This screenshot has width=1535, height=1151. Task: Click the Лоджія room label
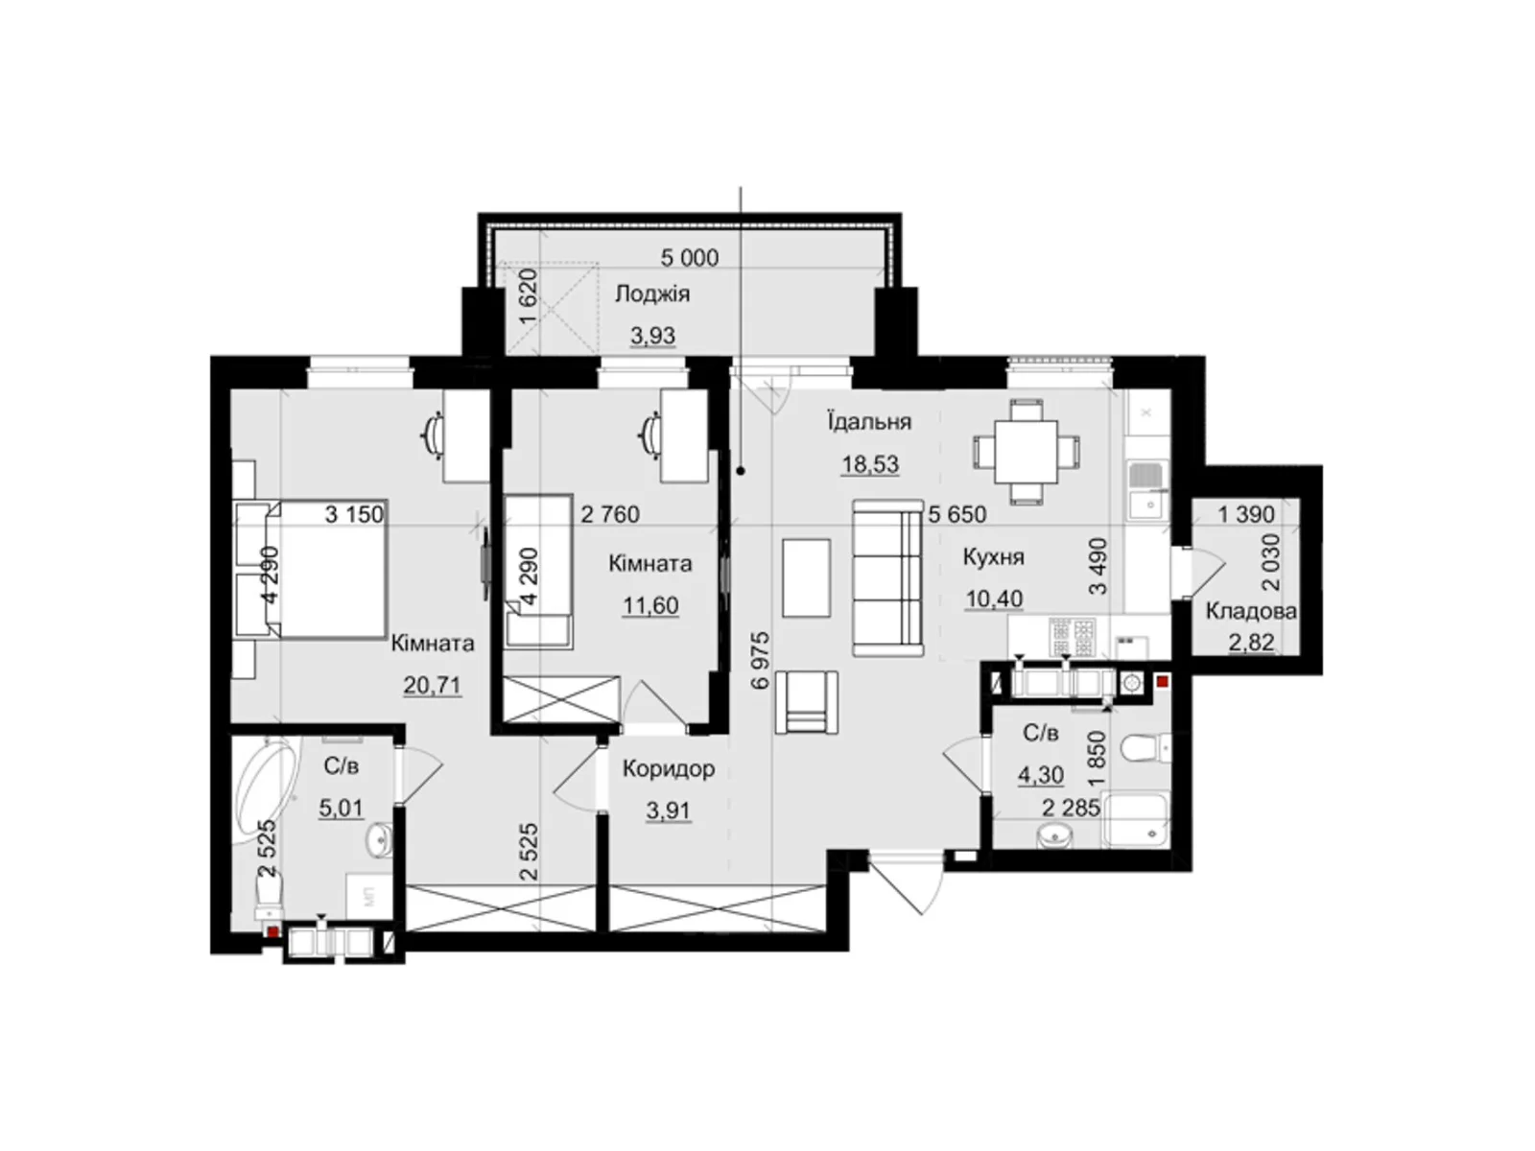tap(651, 294)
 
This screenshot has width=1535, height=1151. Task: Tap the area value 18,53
tap(870, 464)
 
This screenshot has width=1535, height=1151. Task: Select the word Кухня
tap(993, 557)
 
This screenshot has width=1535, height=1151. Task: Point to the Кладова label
tap(1251, 612)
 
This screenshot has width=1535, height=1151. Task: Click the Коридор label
tap(669, 768)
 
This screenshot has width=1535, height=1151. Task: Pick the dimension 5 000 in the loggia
tap(690, 258)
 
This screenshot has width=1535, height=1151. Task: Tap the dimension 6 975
tap(762, 661)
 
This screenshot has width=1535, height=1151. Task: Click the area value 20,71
tap(432, 686)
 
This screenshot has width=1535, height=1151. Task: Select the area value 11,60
tap(650, 605)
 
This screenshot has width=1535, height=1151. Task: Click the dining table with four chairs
tap(1027, 452)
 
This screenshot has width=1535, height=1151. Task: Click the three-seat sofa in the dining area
tap(887, 578)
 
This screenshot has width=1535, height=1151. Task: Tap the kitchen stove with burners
tap(1071, 637)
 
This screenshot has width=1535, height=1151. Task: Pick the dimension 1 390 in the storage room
tap(1246, 514)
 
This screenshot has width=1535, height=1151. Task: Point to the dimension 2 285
tap(1071, 808)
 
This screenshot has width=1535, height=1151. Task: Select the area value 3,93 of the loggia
tap(653, 336)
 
